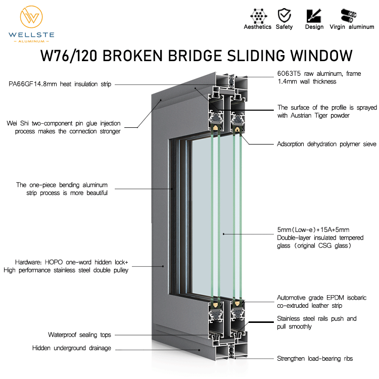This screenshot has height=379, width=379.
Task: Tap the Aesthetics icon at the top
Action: pos(258,15)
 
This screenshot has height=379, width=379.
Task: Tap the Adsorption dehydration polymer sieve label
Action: pos(326,144)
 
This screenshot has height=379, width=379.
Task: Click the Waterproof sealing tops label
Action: pos(79,335)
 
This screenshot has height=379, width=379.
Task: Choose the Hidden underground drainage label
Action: pos(72,348)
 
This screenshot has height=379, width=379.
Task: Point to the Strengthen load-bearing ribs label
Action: pos(315,359)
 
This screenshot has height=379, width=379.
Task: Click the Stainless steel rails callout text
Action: pos(316,322)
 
